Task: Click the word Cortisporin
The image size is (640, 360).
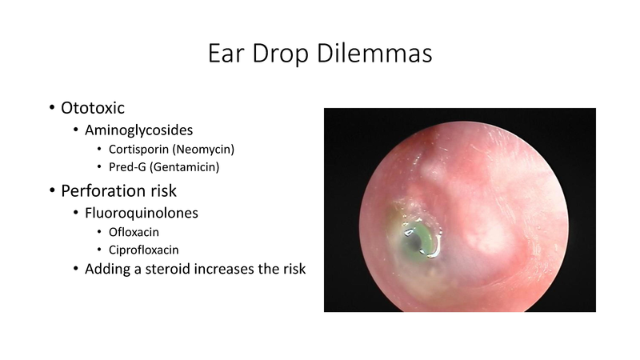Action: click(x=141, y=150)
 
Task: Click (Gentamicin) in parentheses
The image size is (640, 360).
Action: click(x=190, y=169)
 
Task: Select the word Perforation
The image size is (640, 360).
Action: click(x=107, y=191)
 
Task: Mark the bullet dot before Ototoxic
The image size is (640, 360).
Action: click(x=51, y=108)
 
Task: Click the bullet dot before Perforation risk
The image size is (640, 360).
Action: click(x=51, y=192)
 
